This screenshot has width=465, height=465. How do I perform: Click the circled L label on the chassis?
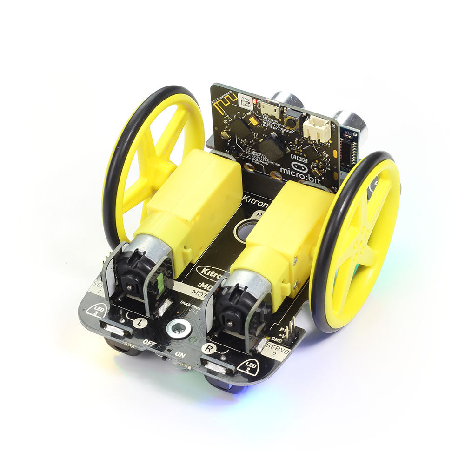tap(139, 321)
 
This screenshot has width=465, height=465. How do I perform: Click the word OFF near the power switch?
tap(149, 343)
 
